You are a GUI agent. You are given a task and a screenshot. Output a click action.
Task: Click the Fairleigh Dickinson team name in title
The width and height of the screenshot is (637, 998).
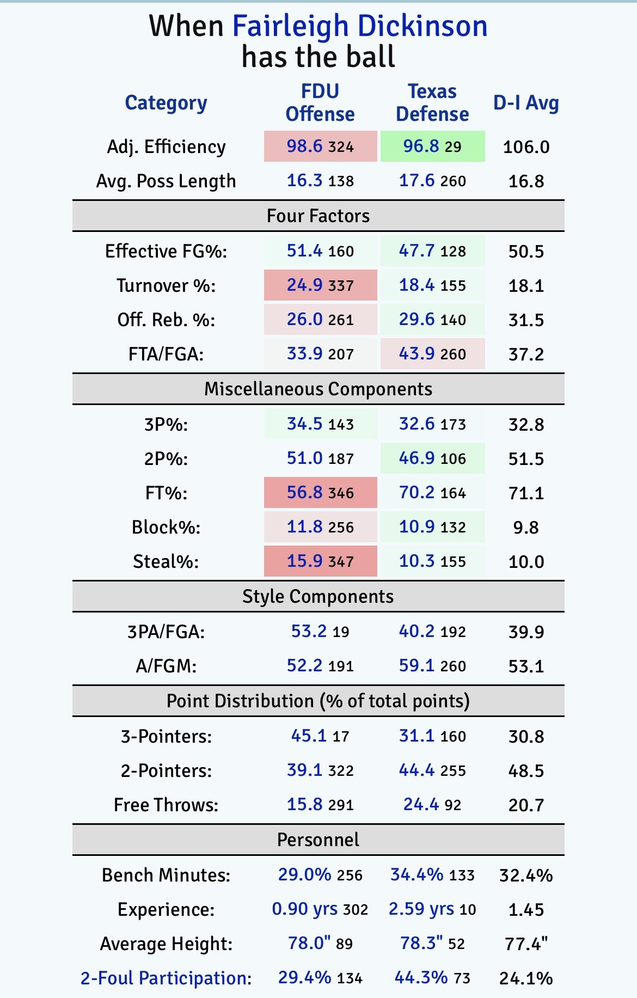pos(359,26)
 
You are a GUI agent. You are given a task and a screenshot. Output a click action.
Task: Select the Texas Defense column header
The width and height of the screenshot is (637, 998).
pos(432,102)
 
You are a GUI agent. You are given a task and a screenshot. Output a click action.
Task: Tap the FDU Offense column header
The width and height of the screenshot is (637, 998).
pos(320,102)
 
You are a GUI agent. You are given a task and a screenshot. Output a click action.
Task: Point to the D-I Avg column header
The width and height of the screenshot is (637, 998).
pos(526,103)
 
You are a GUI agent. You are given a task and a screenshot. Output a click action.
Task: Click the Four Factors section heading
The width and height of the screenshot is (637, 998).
pos(318,216)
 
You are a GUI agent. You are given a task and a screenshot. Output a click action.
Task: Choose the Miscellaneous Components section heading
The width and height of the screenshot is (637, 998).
pos(318,389)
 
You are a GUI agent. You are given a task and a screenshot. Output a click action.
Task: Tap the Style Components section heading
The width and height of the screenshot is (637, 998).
pos(318,597)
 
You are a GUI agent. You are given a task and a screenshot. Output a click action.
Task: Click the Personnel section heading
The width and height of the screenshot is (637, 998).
pos(318,840)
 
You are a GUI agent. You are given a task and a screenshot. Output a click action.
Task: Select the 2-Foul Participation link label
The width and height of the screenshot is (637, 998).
pos(163,978)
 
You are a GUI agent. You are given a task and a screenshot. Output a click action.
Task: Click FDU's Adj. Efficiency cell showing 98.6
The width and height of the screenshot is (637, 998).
pos(320,146)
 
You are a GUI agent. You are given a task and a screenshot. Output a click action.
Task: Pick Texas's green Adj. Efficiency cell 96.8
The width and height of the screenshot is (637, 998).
pos(432,146)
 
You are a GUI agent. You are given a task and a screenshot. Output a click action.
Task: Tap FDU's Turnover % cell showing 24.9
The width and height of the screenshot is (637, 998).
pos(320,285)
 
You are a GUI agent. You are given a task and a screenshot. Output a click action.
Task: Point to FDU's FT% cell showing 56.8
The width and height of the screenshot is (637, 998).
pos(320,493)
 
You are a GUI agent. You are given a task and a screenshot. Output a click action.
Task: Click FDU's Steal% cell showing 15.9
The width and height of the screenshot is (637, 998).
pos(320,561)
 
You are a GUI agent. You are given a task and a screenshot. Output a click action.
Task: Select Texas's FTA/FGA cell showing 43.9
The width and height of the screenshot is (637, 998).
pos(432,354)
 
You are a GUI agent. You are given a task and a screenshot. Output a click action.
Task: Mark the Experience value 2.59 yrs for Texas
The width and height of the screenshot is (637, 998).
pos(421,909)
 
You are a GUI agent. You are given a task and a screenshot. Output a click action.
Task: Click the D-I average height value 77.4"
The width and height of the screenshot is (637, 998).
pos(526,944)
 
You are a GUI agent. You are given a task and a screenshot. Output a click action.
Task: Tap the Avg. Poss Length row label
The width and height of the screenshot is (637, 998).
pos(166,181)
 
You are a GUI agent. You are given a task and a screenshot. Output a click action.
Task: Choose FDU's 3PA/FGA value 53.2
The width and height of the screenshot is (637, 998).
pos(309,632)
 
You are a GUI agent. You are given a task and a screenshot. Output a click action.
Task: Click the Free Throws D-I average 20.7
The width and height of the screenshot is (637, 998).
pos(526,805)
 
